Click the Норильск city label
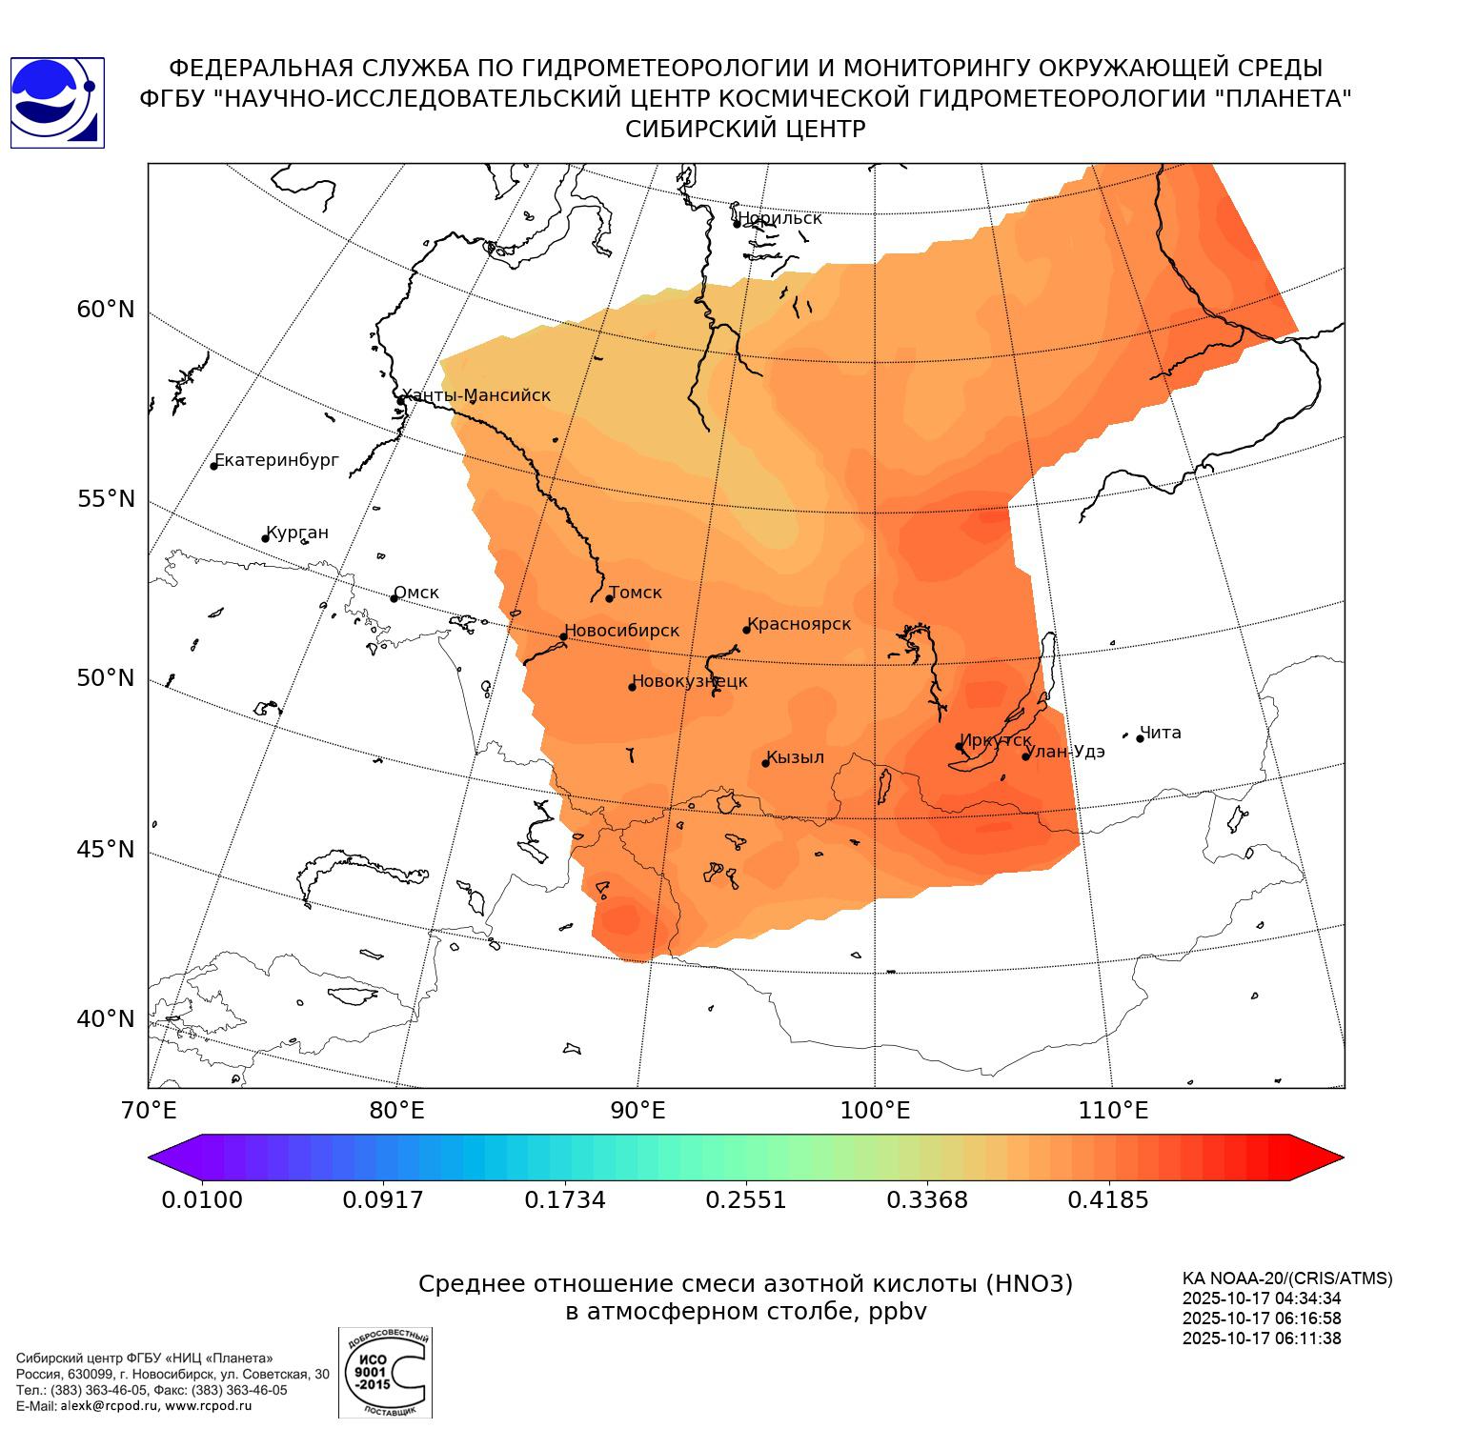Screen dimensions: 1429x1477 pyautogui.click(x=779, y=218)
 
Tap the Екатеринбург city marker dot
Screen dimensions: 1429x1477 pyautogui.click(x=214, y=465)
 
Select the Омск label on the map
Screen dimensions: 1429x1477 pyautogui.click(x=416, y=593)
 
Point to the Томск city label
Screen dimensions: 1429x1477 pyautogui.click(x=636, y=593)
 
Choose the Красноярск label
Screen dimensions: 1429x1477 pyautogui.click(x=799, y=624)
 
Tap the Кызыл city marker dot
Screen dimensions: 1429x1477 pyautogui.click(x=765, y=763)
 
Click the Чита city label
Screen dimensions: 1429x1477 pyautogui.click(x=1161, y=733)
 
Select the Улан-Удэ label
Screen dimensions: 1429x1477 pyautogui.click(x=1064, y=752)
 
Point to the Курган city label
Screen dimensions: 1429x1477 pyautogui.click(x=297, y=533)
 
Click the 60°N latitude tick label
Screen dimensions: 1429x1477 pyautogui.click(x=106, y=310)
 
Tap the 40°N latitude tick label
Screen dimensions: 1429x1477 pyautogui.click(x=106, y=1019)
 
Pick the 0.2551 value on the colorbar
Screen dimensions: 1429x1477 pyautogui.click(x=746, y=1199)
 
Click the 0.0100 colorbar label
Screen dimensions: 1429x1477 pyautogui.click(x=202, y=1199)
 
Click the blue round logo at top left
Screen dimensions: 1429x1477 pyautogui.click(x=57, y=103)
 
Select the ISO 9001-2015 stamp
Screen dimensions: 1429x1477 pyautogui.click(x=385, y=1373)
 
